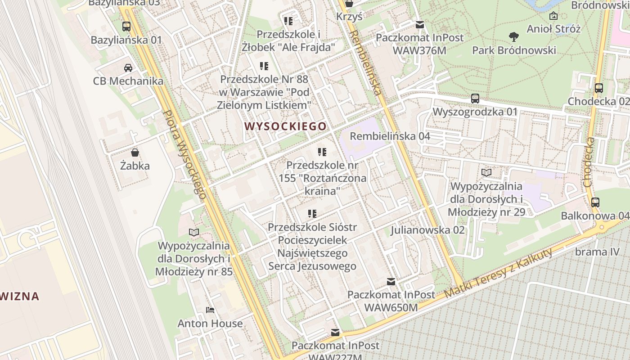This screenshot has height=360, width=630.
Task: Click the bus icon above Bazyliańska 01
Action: [126, 27]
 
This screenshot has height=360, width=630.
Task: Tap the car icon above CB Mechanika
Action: [128, 68]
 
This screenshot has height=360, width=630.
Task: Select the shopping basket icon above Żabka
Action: [135, 153]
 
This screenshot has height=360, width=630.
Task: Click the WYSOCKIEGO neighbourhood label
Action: [286, 126]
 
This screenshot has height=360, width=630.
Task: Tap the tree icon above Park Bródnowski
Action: [513, 36]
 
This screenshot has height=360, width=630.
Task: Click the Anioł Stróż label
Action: [553, 29]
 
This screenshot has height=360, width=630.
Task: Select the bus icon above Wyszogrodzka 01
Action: [475, 98]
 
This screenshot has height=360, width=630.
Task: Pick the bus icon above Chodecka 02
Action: [598, 88]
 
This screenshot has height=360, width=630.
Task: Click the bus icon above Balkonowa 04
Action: [595, 202]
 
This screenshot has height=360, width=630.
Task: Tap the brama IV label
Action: [597, 252]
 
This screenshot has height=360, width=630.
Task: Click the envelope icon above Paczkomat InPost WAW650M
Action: [391, 282]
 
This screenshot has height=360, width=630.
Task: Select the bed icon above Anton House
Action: [210, 310]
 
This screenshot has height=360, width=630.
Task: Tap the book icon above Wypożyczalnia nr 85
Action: [194, 232]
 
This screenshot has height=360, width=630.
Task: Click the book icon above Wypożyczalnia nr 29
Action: [486, 172]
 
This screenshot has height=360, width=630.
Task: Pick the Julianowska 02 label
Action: [427, 230]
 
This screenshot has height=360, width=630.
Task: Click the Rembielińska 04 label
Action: [390, 136]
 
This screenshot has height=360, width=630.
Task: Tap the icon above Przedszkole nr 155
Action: [322, 152]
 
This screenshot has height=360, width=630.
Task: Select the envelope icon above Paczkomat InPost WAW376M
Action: [419, 25]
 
